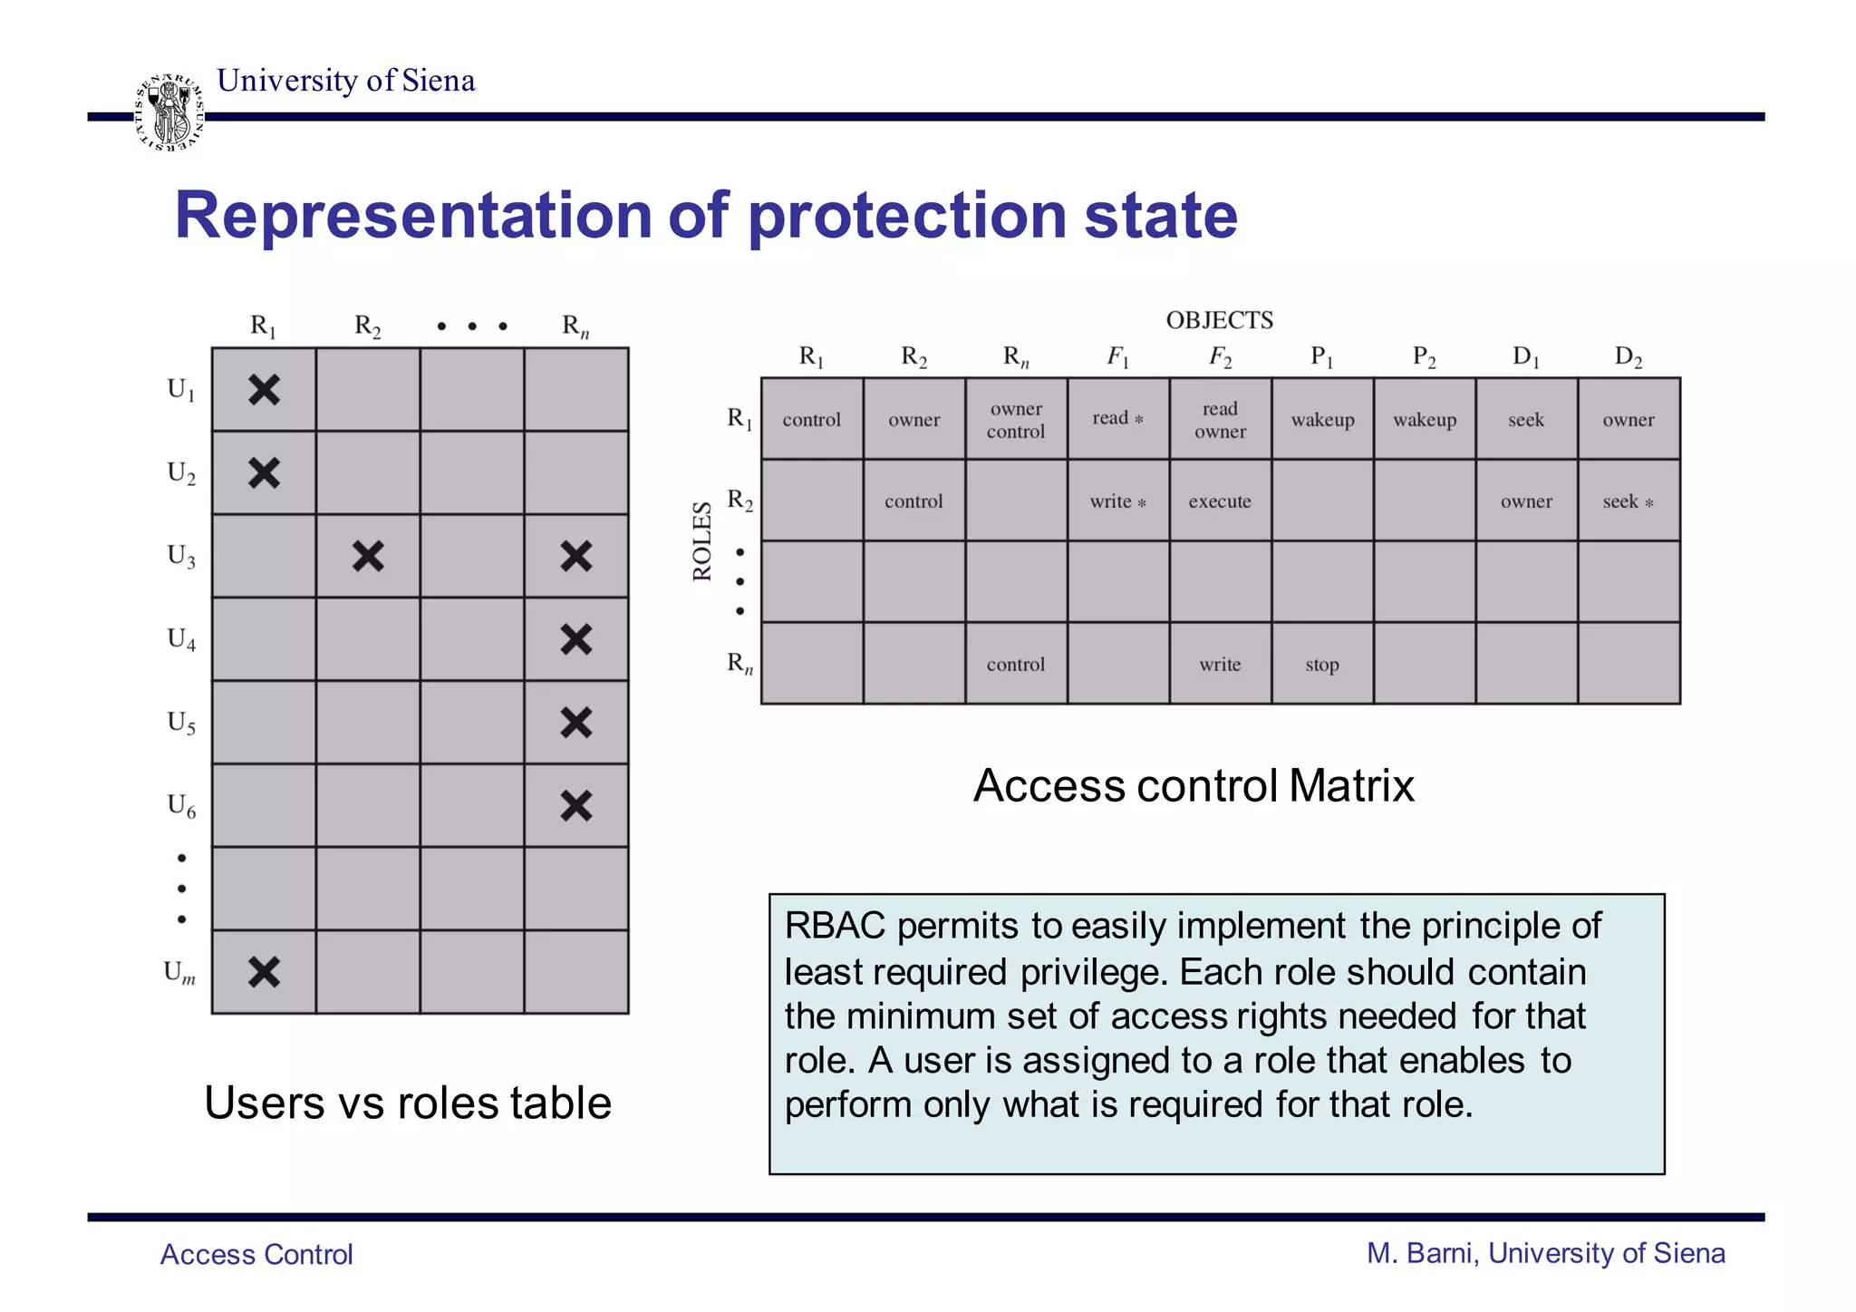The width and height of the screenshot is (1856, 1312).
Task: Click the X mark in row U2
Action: coord(264,473)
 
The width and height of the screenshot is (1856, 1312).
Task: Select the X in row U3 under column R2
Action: coord(368,556)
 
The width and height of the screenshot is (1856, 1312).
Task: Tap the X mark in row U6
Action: coord(576,805)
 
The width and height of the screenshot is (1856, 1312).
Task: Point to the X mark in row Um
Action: coord(264,972)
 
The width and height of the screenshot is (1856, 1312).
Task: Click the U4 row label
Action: coord(181,640)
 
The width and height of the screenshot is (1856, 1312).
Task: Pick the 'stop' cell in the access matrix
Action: coord(1322,665)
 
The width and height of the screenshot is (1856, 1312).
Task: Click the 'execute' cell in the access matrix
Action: coord(1220,501)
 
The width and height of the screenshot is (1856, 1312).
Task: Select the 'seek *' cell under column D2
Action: coord(1629,501)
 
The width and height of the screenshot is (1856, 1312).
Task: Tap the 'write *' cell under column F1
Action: coord(1118,501)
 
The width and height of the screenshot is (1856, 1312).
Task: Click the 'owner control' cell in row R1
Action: coord(1016,420)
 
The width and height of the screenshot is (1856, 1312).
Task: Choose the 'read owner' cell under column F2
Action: coord(1220,420)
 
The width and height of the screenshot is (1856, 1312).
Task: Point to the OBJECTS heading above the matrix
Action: coord(1219,320)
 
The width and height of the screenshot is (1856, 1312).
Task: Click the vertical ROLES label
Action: coord(702,540)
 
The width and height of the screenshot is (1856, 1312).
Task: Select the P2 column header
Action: coord(1425,357)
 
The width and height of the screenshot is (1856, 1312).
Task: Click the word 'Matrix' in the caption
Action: coord(1351,785)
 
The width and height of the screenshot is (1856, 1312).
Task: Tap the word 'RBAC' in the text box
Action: coord(835,926)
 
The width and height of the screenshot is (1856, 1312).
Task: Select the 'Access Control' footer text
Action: coord(256,1254)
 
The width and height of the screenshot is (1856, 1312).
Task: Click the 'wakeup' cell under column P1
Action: coord(1322,420)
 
